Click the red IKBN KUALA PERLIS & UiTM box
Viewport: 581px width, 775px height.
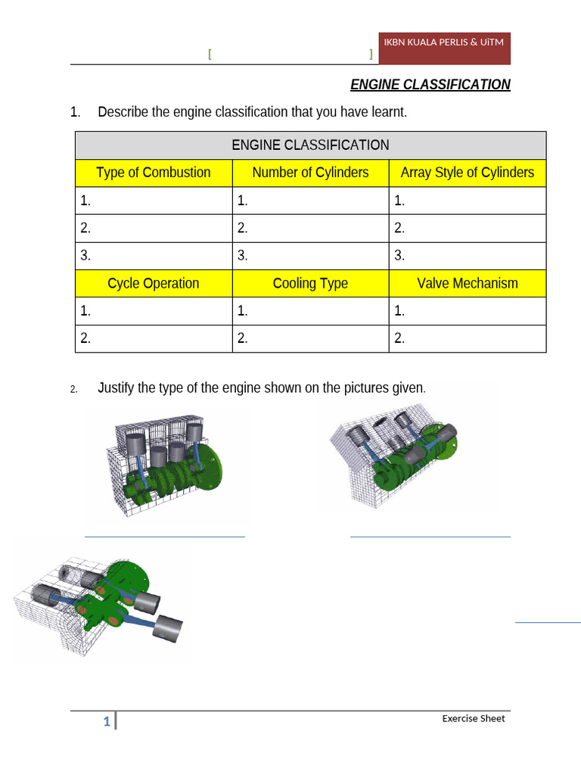[x=444, y=48]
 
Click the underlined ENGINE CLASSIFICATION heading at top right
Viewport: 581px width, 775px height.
[x=430, y=85]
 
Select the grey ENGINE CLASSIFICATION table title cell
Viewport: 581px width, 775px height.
[x=310, y=145]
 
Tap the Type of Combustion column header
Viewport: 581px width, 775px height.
[x=154, y=173]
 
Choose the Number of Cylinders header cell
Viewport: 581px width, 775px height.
[x=310, y=173]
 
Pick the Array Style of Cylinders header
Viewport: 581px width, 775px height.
[x=467, y=173]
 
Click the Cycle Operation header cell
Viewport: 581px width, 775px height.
[x=154, y=284]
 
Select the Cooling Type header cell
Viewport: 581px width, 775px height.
[x=310, y=284]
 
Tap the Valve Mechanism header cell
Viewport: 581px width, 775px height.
[x=467, y=284]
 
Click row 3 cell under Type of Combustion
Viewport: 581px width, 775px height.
[x=154, y=256]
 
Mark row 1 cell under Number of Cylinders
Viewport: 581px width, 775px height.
[x=310, y=201]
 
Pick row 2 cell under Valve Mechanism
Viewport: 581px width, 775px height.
[x=467, y=339]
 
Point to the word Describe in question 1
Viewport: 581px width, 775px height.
[x=123, y=113]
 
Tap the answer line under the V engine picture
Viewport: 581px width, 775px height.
[x=430, y=537]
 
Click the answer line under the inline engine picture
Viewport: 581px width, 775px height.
[x=164, y=537]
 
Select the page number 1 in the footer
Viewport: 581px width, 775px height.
[x=107, y=723]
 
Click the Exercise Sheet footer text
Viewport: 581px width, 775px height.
[x=473, y=718]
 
